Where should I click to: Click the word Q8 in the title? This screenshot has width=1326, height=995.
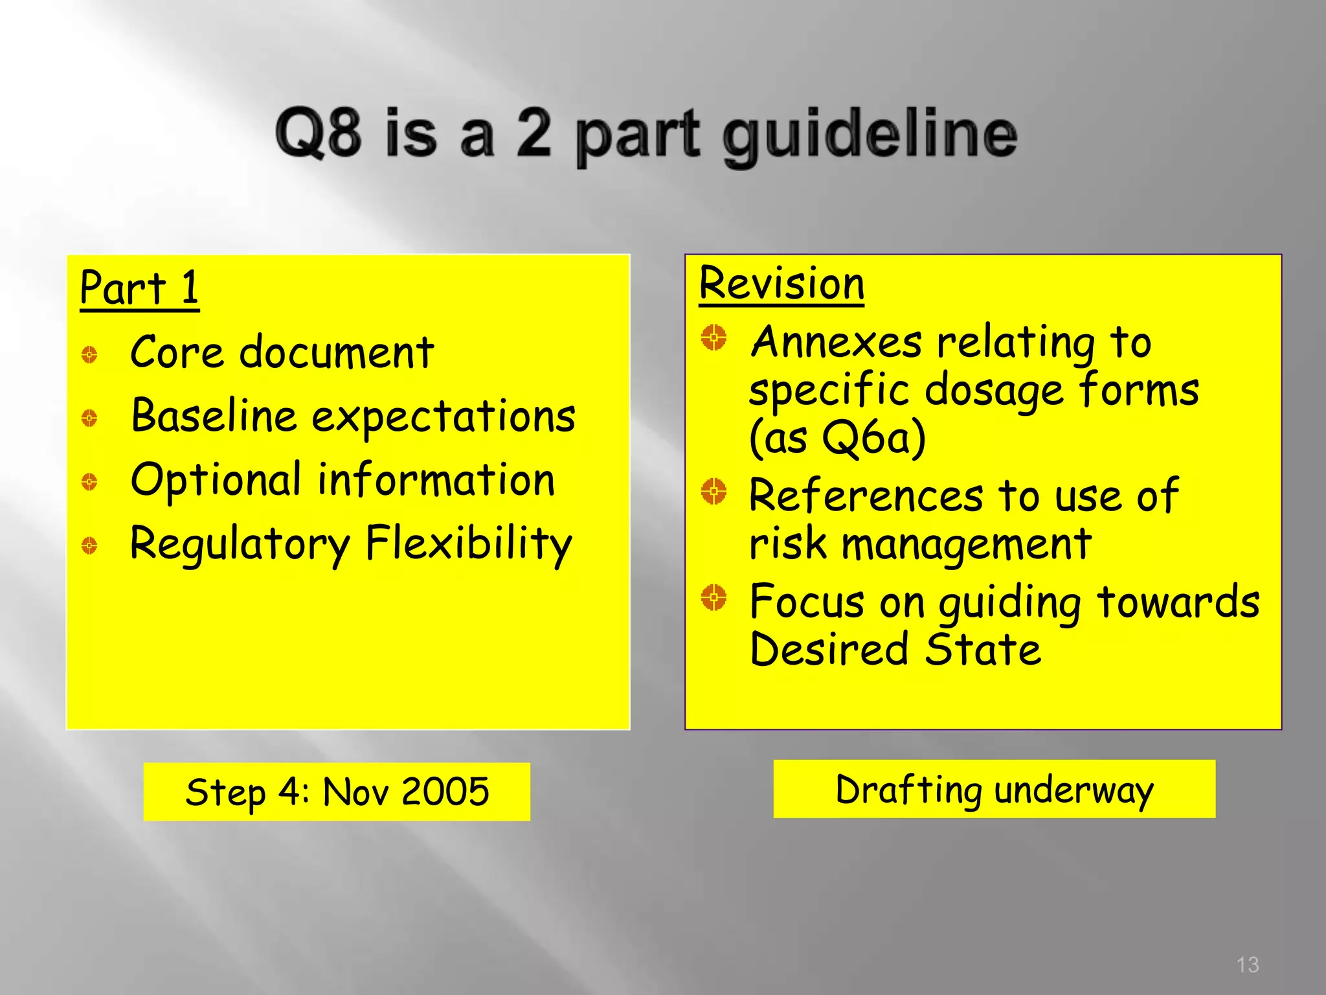click(317, 133)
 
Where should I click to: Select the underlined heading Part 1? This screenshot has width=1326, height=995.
click(139, 288)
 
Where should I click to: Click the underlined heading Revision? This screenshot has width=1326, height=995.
click(781, 284)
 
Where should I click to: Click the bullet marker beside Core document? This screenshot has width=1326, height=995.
click(89, 354)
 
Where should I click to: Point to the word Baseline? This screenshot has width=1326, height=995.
click(213, 415)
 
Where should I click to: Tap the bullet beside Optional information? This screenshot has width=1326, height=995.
click(89, 481)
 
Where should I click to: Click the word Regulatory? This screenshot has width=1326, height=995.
click(240, 544)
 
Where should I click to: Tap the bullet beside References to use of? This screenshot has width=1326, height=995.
click(714, 492)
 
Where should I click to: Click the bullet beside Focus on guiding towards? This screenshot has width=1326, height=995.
click(714, 597)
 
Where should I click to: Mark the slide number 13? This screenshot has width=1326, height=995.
click(1247, 965)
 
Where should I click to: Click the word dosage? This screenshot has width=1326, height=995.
click(994, 391)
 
